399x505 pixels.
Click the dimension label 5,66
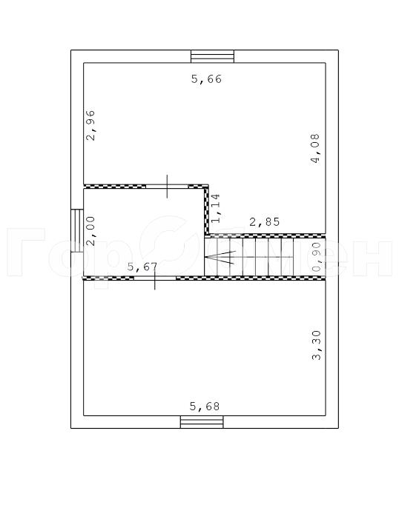(x=206, y=79)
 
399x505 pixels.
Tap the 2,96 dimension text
(x=91, y=125)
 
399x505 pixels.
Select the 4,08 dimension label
(x=316, y=149)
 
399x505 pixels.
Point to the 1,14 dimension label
(x=216, y=208)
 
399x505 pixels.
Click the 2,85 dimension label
(x=265, y=221)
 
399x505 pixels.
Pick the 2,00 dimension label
(x=91, y=231)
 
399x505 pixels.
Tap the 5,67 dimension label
(x=142, y=267)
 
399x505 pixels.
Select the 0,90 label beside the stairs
(x=317, y=257)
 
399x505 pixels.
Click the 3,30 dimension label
(x=317, y=345)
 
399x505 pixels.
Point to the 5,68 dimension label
(x=205, y=407)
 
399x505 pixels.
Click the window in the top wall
(x=212, y=56)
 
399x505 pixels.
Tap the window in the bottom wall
(x=202, y=422)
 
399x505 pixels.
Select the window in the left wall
(x=77, y=230)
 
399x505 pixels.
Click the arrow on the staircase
(x=220, y=257)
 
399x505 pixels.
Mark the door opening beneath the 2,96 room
(x=167, y=186)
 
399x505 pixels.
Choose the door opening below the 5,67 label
(x=155, y=278)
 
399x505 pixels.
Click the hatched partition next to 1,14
(x=206, y=211)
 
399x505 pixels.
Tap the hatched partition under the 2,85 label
(x=267, y=236)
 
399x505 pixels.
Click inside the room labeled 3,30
(x=205, y=348)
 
